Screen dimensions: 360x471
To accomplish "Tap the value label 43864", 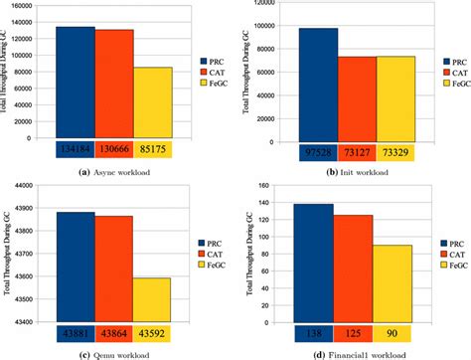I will pyautogui.click(x=112, y=332).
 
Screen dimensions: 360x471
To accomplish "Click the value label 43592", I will pyautogui.click(x=151, y=332).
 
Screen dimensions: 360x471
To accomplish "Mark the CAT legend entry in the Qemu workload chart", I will pyautogui.click(x=206, y=255).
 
